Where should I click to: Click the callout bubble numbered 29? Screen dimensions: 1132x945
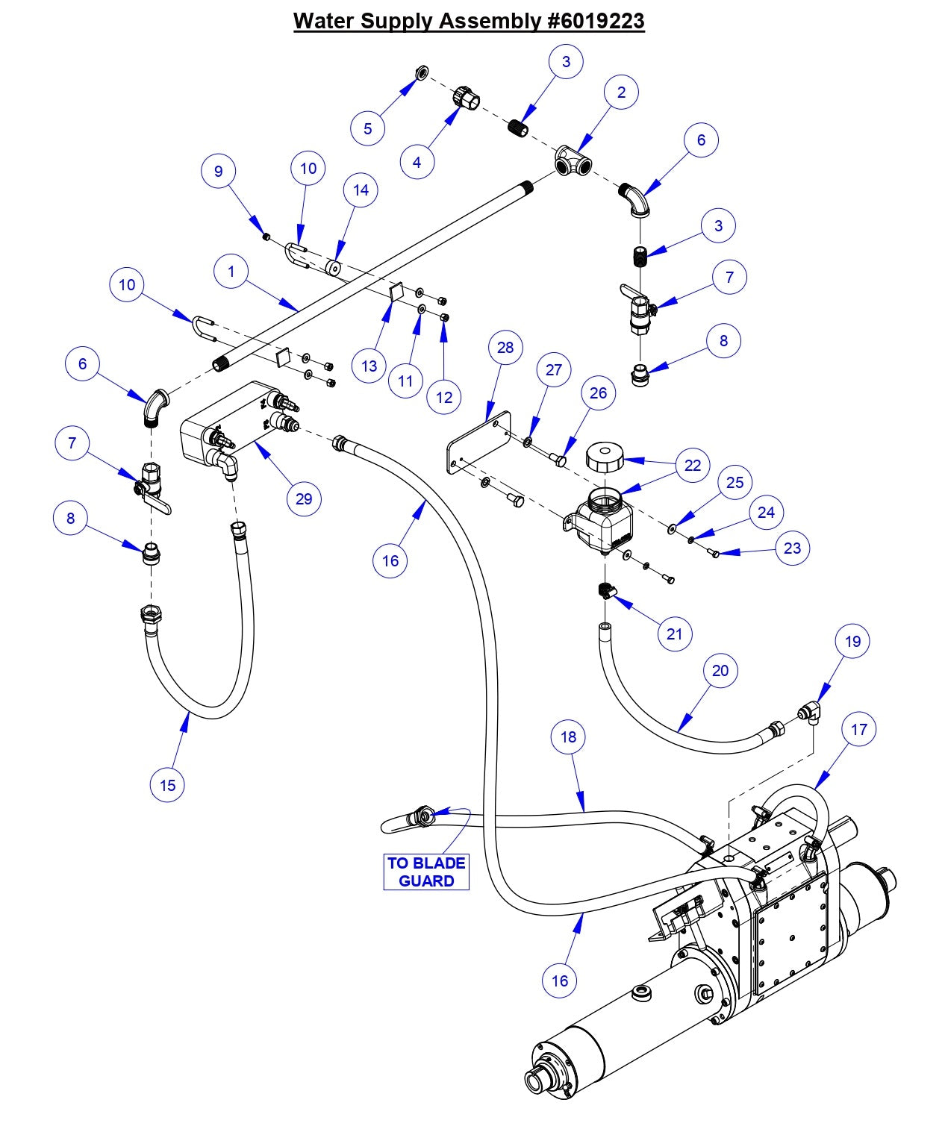click(x=303, y=498)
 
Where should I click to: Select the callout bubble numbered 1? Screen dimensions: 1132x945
click(x=231, y=272)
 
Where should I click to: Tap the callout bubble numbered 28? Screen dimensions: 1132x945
click(x=505, y=348)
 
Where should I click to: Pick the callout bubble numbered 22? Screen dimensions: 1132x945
click(x=693, y=465)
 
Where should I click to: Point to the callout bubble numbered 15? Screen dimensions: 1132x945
click(x=167, y=784)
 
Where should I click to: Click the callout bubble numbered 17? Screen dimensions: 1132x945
click(x=858, y=729)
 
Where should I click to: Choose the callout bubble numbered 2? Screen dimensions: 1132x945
click(x=621, y=93)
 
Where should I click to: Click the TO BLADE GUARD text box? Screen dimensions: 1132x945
click(x=426, y=872)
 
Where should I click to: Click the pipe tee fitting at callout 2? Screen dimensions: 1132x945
click(x=573, y=161)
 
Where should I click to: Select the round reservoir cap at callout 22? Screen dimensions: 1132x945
click(x=607, y=456)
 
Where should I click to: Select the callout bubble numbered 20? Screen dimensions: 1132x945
click(x=720, y=670)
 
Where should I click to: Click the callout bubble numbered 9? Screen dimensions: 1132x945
click(x=219, y=171)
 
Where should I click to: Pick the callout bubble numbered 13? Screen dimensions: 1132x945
click(x=369, y=366)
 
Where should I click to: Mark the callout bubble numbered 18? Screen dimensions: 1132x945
click(x=569, y=737)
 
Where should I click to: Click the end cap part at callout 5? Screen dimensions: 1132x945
click(x=421, y=72)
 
